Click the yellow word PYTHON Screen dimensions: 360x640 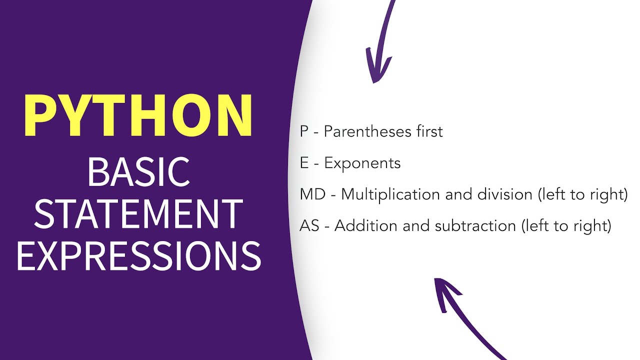point(138,115)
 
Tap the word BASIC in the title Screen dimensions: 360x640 point(138,171)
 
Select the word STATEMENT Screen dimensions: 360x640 point(138,213)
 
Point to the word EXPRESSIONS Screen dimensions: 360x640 point(138,255)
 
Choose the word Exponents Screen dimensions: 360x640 point(362,163)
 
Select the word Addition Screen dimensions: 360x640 point(365,226)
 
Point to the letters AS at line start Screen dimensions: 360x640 point(309,226)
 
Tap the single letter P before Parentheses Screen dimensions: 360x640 point(304,131)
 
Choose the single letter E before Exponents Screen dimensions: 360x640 point(304,163)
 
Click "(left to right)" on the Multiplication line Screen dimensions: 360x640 point(582,194)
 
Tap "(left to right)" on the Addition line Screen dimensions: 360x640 point(566,226)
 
